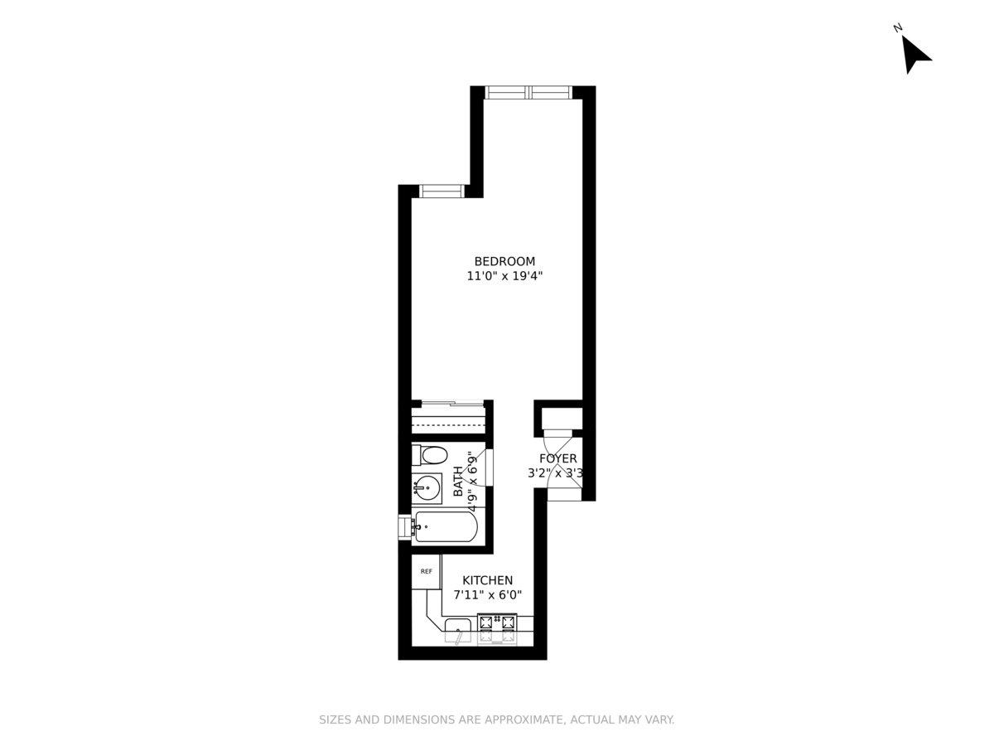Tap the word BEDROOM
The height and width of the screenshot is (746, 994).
tap(504, 261)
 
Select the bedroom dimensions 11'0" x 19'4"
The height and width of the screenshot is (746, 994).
tap(504, 277)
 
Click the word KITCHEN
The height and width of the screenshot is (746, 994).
tap(487, 580)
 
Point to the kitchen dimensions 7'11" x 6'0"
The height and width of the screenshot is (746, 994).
tap(487, 595)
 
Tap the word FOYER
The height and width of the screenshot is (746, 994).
tap(557, 458)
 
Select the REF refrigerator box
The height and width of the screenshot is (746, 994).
tap(426, 572)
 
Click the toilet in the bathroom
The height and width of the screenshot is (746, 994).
tap(431, 454)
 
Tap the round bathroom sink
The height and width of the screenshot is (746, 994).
tap(427, 487)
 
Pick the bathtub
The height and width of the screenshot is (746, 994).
tap(446, 526)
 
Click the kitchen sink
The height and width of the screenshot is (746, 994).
tap(458, 628)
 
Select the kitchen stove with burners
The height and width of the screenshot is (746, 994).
tap(497, 628)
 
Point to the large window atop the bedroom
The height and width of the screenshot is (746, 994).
tap(528, 92)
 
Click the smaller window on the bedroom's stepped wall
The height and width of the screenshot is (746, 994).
tap(442, 191)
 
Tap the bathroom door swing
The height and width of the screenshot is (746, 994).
tap(480, 467)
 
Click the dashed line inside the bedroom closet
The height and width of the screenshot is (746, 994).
tap(448, 424)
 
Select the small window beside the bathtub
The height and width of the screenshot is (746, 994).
tap(405, 527)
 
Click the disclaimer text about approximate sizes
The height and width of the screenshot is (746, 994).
tap(497, 719)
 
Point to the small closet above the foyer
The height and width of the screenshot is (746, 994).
tap(562, 418)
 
